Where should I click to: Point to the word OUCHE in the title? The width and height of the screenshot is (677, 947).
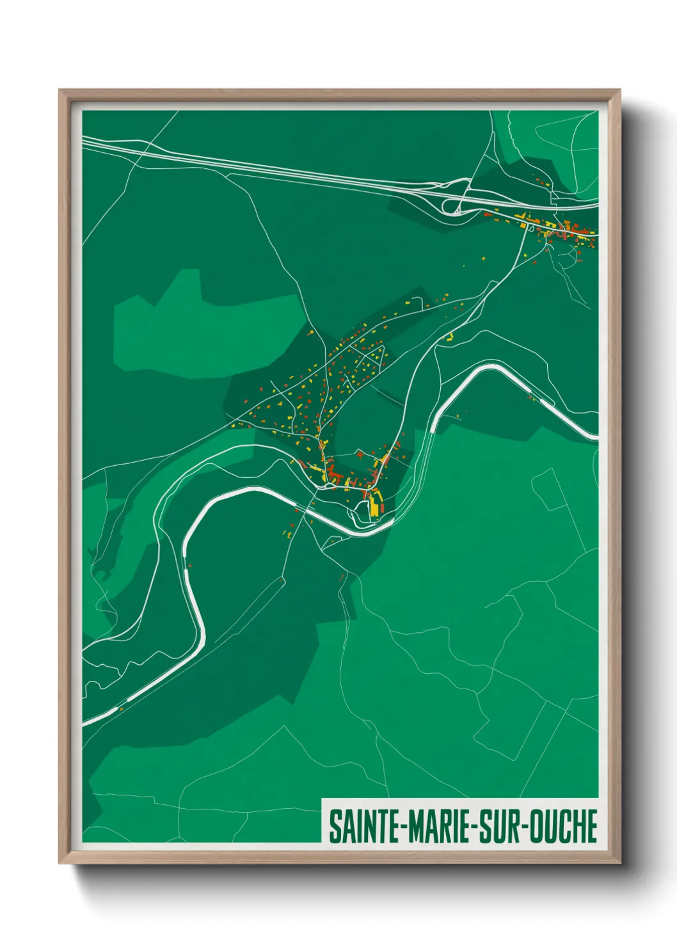click(x=565, y=826)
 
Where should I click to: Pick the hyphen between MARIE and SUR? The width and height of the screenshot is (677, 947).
click(x=474, y=827)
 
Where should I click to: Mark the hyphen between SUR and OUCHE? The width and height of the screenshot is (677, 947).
click(x=527, y=827)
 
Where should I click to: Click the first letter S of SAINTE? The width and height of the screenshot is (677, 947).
click(x=335, y=826)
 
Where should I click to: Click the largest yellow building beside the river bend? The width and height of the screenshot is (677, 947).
click(x=374, y=507)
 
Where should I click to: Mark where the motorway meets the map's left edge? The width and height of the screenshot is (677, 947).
click(x=84, y=141)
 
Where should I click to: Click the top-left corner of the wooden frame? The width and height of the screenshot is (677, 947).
click(x=60, y=90)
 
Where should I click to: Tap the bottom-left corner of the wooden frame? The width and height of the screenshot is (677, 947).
click(x=60, y=863)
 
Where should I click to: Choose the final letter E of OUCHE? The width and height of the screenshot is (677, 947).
click(x=592, y=826)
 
